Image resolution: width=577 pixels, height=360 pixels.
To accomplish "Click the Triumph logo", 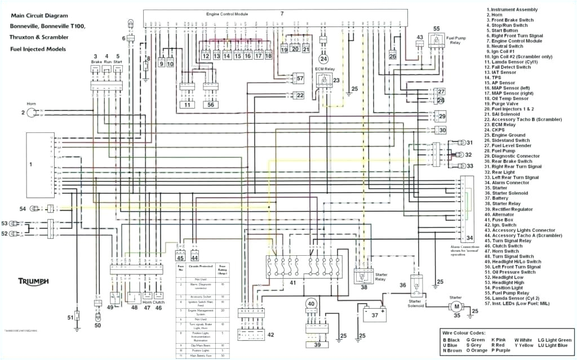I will coord(33,281).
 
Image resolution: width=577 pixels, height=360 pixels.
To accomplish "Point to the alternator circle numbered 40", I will coord(310,304).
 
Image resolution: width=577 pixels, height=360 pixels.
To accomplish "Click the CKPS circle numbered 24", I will coord(323,59).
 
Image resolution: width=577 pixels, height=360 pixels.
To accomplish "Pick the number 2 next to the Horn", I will coord(24,113).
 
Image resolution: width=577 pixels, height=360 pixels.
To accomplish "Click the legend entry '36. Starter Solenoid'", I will coord(511,193).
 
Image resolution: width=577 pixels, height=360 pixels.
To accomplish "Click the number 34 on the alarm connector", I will coord(469,238).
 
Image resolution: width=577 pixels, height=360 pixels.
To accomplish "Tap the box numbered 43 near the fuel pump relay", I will coord(419,38).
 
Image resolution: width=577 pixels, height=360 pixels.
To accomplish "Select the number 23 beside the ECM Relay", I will coord(336,80).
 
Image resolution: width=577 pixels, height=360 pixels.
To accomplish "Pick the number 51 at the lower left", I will coord(70,317).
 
